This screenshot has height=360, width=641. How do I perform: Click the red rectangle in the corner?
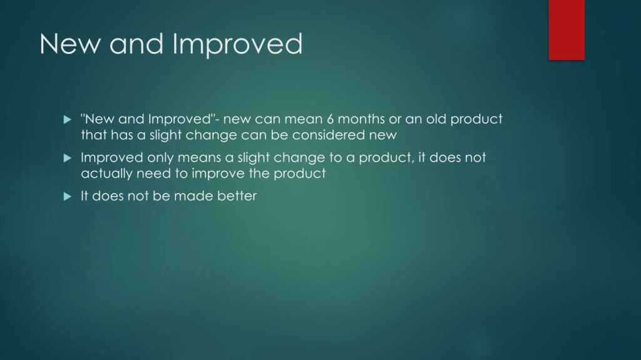[x=567, y=30]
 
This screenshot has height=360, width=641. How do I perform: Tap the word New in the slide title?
[x=70, y=43]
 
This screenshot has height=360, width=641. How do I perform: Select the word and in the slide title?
[x=136, y=43]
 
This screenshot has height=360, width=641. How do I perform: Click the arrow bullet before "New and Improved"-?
[x=68, y=120]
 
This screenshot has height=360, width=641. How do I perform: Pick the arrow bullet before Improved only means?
[x=68, y=158]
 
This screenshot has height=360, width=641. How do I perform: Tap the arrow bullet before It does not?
[x=68, y=197]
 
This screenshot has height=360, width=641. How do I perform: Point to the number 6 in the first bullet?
[x=331, y=119]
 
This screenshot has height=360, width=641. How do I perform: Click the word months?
[x=361, y=119]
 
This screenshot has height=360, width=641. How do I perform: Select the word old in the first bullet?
[x=436, y=119]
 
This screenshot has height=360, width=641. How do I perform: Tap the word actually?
[x=106, y=174]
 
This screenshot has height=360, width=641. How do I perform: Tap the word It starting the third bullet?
[x=85, y=196]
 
